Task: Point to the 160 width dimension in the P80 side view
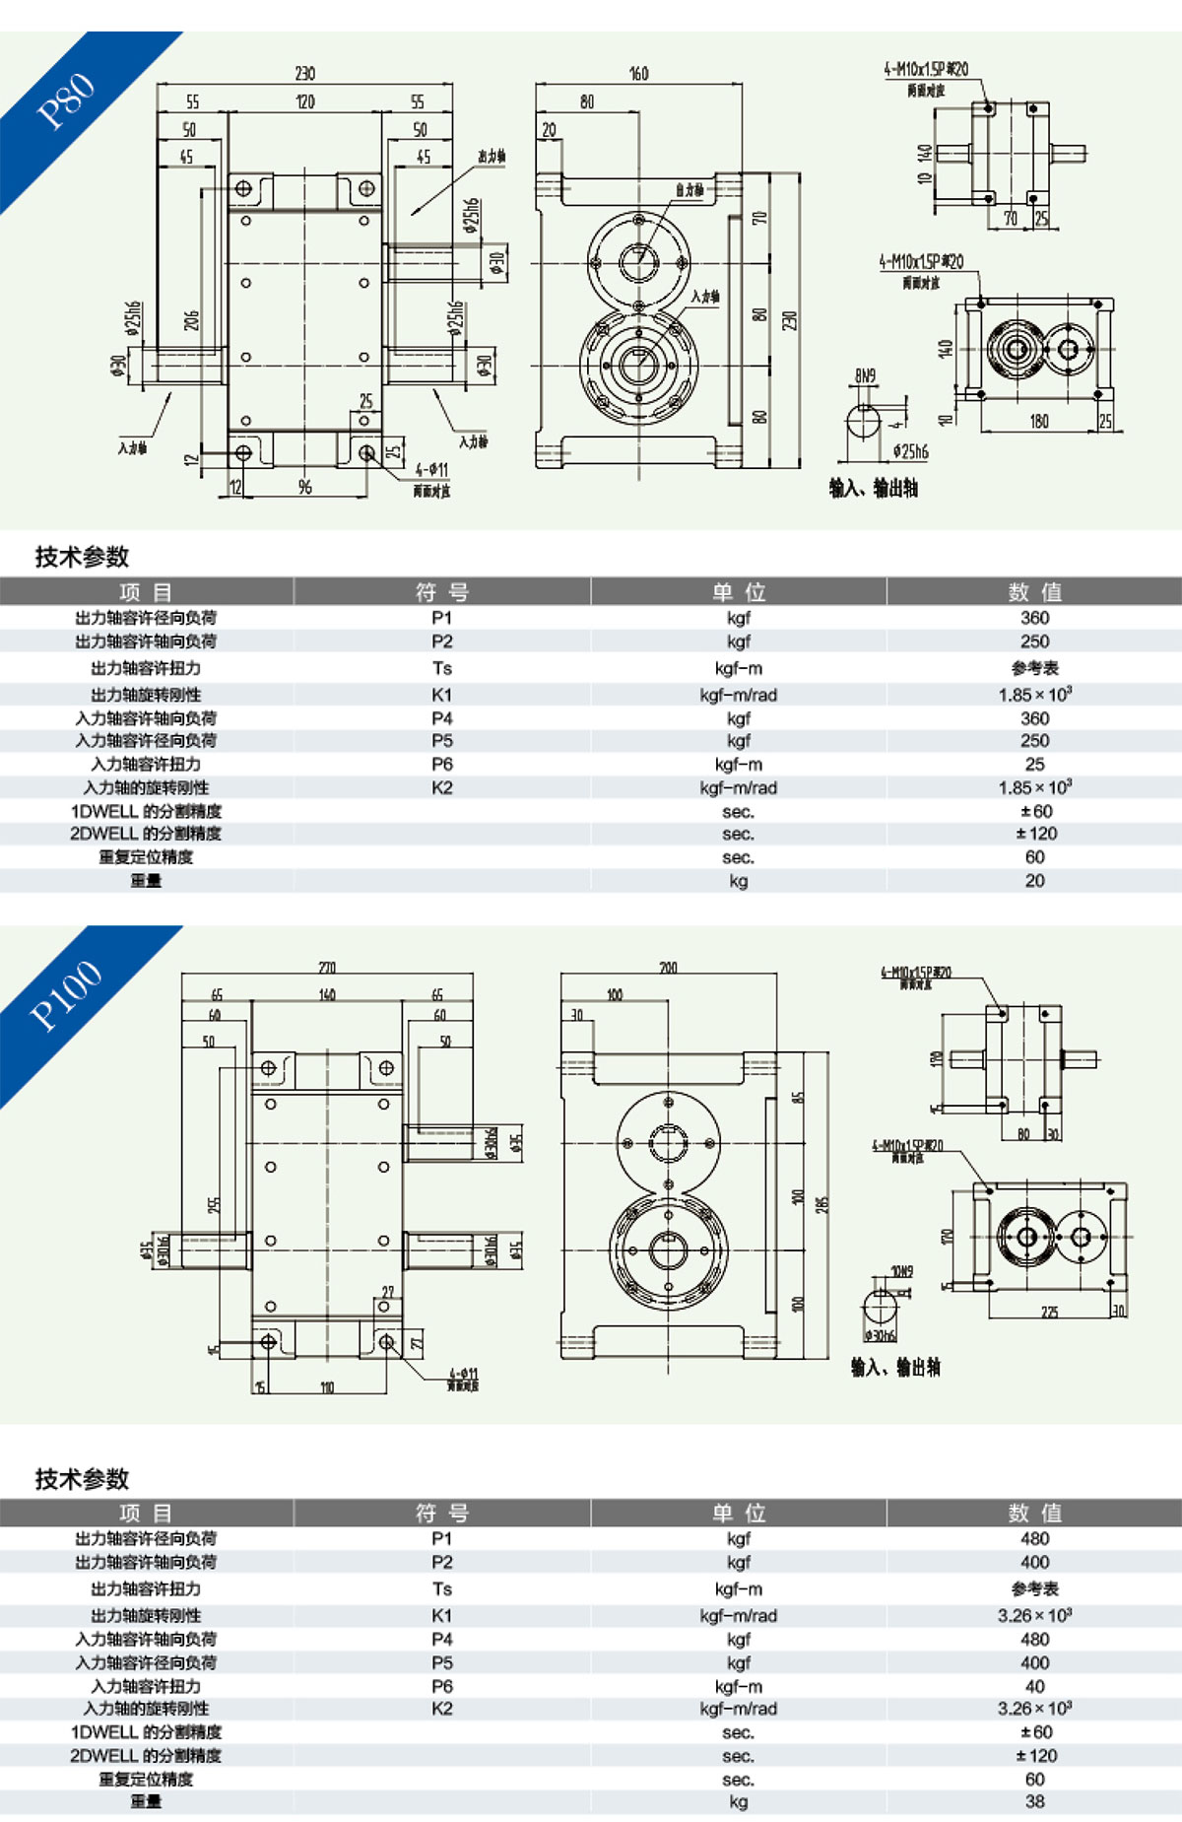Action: tap(638, 74)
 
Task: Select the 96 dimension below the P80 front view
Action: tap(304, 487)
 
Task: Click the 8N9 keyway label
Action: tap(865, 375)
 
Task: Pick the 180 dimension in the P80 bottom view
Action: tap(1038, 422)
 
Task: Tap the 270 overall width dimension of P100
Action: tap(327, 968)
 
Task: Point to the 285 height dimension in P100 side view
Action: tap(822, 1204)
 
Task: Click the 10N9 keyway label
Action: tap(901, 1272)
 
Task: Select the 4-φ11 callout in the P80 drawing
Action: tap(431, 470)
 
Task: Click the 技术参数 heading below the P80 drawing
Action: tap(83, 557)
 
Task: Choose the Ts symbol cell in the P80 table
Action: tap(442, 668)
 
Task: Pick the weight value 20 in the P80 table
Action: tap(1034, 881)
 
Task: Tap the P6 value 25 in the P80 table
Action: tap(1034, 765)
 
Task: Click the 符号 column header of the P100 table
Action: tap(442, 1513)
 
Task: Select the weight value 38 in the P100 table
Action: tap(1034, 1801)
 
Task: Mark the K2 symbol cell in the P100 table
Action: tap(442, 1709)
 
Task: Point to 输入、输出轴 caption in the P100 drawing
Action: tap(895, 1367)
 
